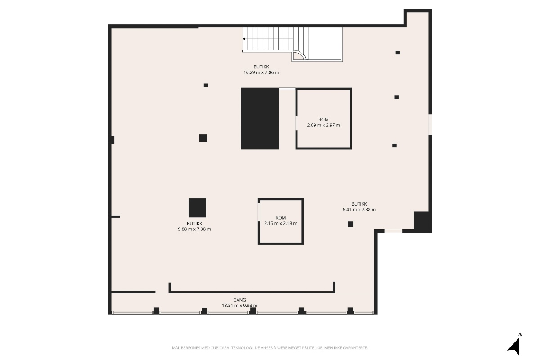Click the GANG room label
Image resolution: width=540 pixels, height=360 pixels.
[x=239, y=300]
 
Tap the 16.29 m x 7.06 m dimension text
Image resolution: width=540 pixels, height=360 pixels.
[x=261, y=72]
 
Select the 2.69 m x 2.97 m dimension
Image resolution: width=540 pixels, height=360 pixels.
[x=324, y=125]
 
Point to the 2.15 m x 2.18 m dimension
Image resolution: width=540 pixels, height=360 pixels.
[x=281, y=223]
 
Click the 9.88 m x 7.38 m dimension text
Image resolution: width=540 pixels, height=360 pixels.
[x=194, y=229]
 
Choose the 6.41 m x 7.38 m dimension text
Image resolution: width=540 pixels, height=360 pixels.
[x=359, y=210]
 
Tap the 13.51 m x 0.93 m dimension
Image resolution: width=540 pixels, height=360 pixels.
[x=239, y=305]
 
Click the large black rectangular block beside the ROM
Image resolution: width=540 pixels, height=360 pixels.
[x=260, y=118]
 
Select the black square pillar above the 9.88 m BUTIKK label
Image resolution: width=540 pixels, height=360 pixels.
[x=197, y=208]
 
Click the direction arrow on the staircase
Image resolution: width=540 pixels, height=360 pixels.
[x=244, y=39]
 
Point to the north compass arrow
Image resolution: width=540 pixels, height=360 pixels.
[x=514, y=347]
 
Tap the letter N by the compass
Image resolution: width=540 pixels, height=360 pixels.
[x=521, y=334]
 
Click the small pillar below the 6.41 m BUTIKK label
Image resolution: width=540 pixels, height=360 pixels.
[x=351, y=224]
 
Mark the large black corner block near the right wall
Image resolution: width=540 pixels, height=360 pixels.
[x=423, y=222]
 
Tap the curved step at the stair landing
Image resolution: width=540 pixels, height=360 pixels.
[x=300, y=55]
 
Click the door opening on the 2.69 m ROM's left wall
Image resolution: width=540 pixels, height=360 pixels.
[x=297, y=123]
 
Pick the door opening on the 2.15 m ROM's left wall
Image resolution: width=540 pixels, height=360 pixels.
[x=259, y=212]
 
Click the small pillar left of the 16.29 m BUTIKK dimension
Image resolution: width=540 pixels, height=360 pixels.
[x=206, y=85]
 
